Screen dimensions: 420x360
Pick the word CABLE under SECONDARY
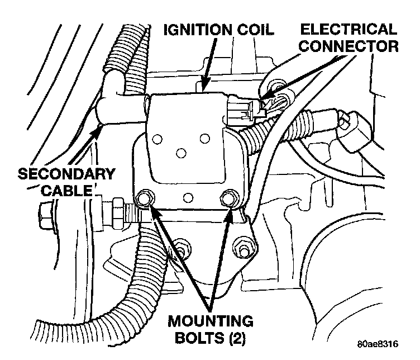65,190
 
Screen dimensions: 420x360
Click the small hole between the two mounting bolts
188,196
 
